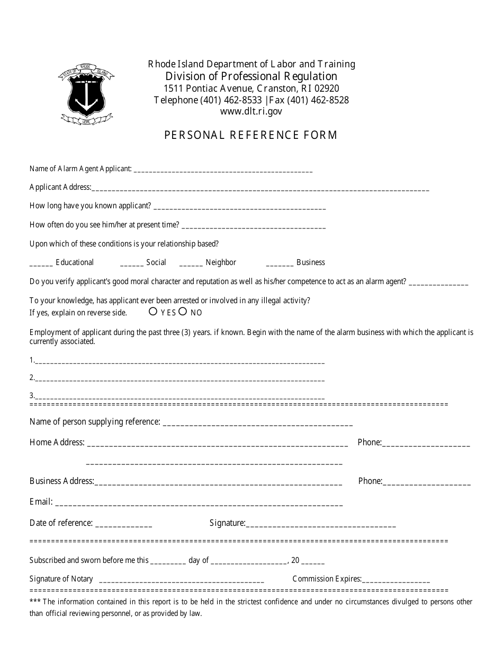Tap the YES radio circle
[153, 312]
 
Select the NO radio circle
[183, 312]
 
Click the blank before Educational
[41, 263]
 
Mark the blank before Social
[132, 263]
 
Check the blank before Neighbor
[191, 263]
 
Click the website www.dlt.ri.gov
[251, 111]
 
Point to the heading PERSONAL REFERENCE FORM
[251, 135]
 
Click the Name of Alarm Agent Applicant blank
[223, 170]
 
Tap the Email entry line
[199, 503]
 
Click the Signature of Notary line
[182, 580]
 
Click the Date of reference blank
[123, 524]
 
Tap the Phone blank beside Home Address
[426, 444]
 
